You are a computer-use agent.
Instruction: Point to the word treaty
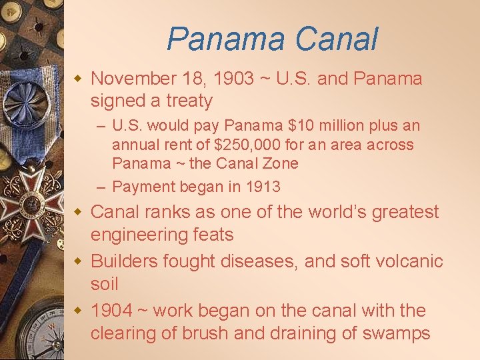pos(190,101)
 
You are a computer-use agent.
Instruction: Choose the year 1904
pos(111,311)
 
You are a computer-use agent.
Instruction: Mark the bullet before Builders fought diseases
pos(77,260)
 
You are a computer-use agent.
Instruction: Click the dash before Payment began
pos(100,187)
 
